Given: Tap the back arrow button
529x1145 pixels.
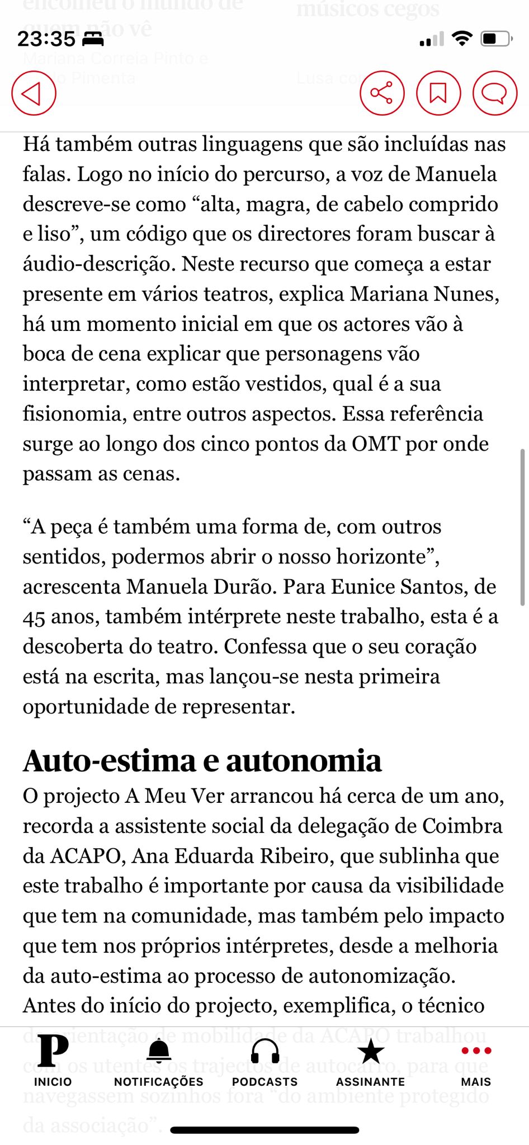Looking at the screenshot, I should click(x=34, y=93).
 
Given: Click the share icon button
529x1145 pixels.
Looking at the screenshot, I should click(x=382, y=93).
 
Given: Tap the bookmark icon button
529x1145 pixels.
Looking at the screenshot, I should click(x=438, y=93).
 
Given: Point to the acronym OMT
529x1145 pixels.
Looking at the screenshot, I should click(x=376, y=444).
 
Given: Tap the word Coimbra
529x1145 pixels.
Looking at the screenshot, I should click(x=462, y=826).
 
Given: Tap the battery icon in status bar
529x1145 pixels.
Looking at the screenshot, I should click(x=496, y=39).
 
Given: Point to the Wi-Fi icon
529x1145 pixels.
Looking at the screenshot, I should click(x=462, y=39).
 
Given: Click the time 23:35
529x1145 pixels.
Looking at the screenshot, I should click(x=46, y=39).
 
